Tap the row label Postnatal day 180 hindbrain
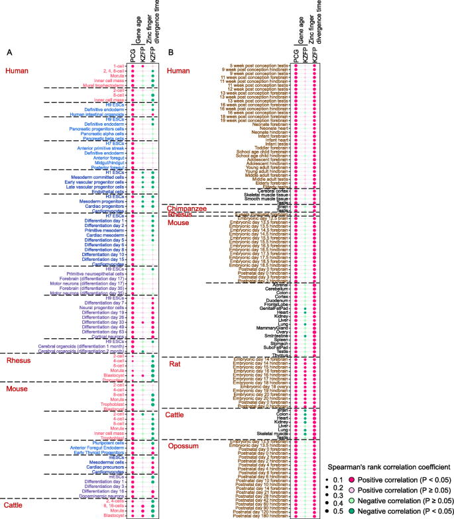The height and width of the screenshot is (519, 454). pyautogui.click(x=258, y=515)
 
